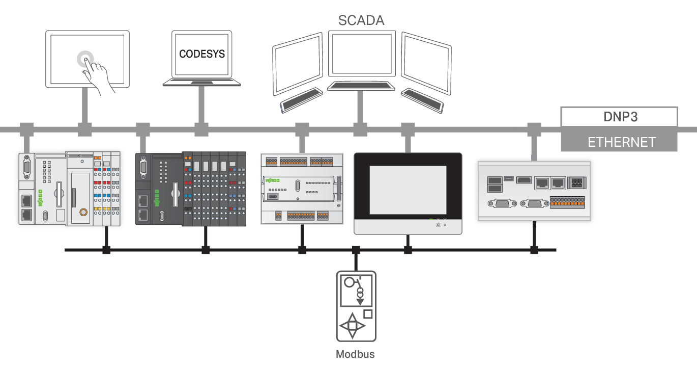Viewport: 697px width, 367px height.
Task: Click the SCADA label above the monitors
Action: (x=361, y=20)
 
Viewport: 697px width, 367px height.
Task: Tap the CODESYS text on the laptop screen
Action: (x=201, y=54)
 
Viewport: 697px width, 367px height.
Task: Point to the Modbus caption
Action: (x=355, y=354)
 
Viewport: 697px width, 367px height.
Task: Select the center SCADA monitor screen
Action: (x=361, y=54)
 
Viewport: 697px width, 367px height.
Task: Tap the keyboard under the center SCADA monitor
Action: (x=361, y=86)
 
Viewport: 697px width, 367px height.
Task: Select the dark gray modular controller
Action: (x=190, y=188)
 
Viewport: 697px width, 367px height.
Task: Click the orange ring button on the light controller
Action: (x=82, y=211)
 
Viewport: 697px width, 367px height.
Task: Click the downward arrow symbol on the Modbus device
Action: (x=360, y=301)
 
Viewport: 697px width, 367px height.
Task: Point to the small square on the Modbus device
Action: (x=368, y=314)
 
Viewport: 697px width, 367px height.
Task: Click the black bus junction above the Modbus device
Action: (x=356, y=250)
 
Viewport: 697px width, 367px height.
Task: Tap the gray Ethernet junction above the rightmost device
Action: (x=534, y=129)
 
